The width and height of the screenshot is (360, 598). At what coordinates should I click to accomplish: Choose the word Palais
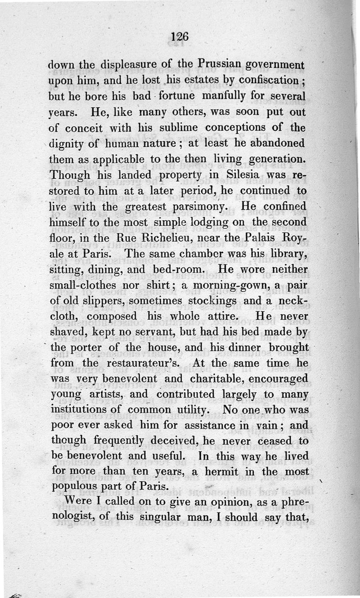pos(257,238)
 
